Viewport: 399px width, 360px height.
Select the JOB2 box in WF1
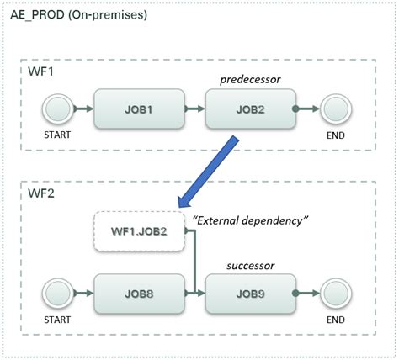[250, 109]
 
